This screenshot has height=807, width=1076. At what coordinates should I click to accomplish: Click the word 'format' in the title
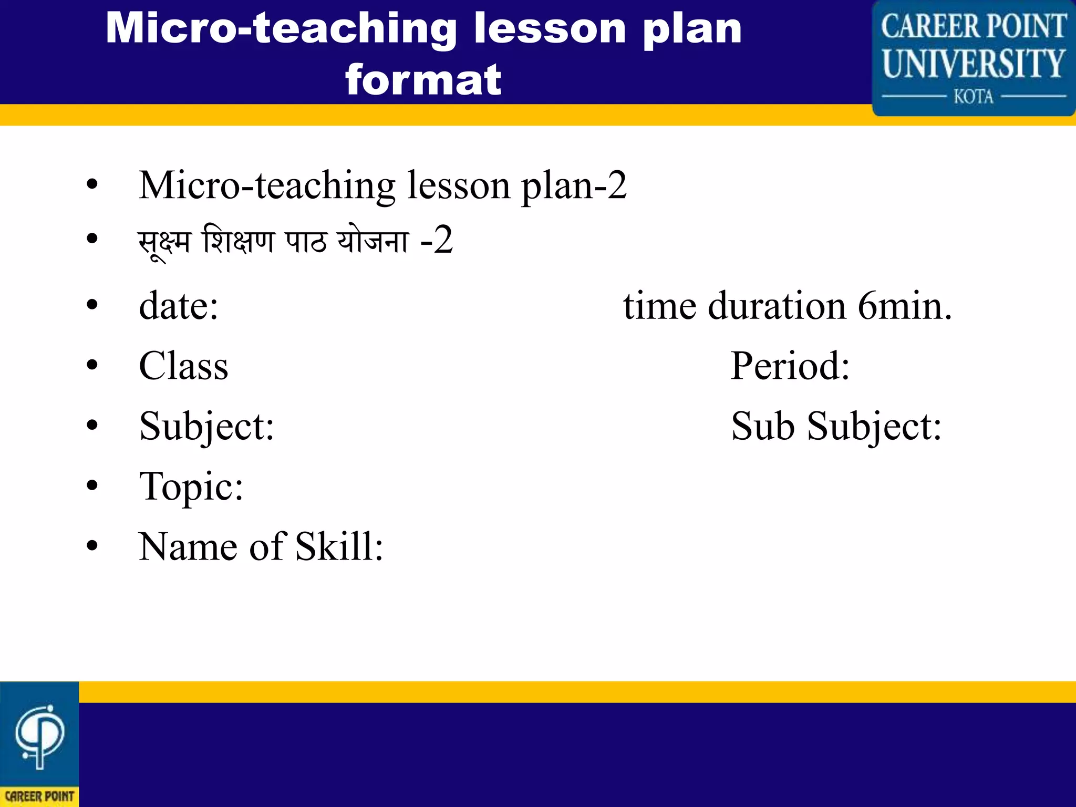(423, 80)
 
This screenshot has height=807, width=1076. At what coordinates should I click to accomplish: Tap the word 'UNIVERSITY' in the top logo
(973, 64)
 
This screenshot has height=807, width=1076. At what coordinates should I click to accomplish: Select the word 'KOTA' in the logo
(973, 97)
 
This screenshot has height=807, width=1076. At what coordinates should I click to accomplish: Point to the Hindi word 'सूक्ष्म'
(164, 243)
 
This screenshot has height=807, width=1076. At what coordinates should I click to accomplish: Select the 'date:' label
(179, 306)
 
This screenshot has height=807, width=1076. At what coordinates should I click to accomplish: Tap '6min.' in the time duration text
(905, 306)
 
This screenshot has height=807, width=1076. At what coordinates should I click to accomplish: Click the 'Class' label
(183, 366)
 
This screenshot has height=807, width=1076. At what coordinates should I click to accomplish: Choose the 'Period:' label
(790, 366)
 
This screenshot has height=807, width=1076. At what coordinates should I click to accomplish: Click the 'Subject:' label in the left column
(206, 427)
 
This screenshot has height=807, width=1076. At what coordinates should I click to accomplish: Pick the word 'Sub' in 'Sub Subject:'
(762, 426)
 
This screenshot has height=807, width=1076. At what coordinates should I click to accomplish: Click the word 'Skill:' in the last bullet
(339, 547)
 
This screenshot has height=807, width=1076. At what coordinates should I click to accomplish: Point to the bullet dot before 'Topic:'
(92, 485)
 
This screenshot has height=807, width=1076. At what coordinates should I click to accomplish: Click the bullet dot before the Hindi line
(92, 239)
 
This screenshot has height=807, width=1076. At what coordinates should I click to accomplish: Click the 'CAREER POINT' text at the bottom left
(39, 796)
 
